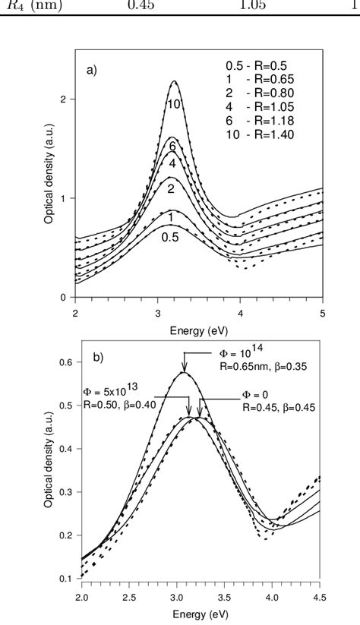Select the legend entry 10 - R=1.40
pos(257,134)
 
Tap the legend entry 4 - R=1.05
pos(257,107)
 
